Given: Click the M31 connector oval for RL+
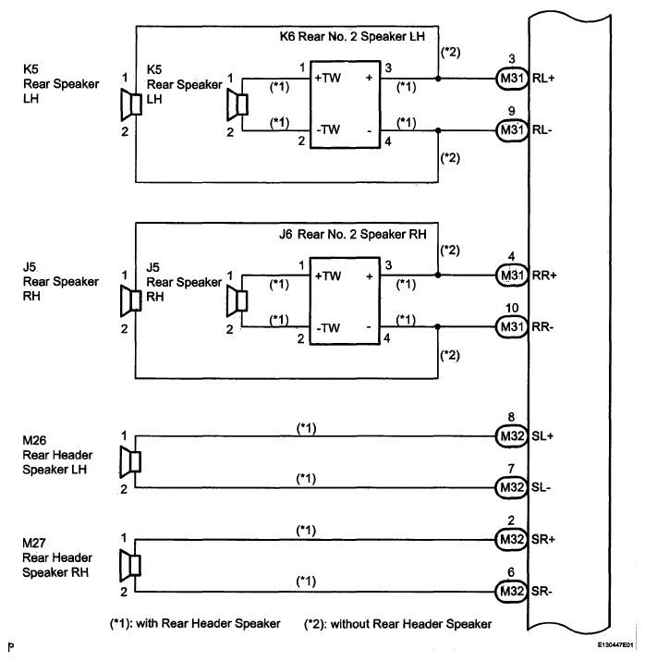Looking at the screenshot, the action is [511, 78].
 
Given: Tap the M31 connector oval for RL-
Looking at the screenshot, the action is [511, 129].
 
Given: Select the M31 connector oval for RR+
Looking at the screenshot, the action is [511, 275].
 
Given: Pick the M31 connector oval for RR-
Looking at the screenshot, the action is [511, 326].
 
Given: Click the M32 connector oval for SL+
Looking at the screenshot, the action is [511, 435].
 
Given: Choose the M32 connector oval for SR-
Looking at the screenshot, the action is [511, 592].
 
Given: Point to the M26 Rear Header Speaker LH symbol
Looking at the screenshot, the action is [130, 462].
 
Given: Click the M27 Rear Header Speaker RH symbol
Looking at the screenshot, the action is [130, 565].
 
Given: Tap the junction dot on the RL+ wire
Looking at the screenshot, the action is [438, 79].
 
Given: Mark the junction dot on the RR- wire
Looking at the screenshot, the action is [438, 326].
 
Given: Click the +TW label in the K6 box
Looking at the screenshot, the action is [327, 78].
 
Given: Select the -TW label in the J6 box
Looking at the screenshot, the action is [328, 328].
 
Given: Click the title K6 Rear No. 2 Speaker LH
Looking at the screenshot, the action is [352, 36].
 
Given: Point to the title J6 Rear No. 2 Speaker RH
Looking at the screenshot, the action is [353, 234].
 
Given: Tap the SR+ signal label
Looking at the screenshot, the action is [543, 539].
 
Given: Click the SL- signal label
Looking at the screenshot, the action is [541, 487].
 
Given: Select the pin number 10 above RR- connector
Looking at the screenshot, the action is [512, 308].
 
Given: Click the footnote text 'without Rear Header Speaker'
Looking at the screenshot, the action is [411, 624].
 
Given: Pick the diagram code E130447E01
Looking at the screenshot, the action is [615, 645].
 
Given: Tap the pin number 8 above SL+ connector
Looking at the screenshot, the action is [511, 417].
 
